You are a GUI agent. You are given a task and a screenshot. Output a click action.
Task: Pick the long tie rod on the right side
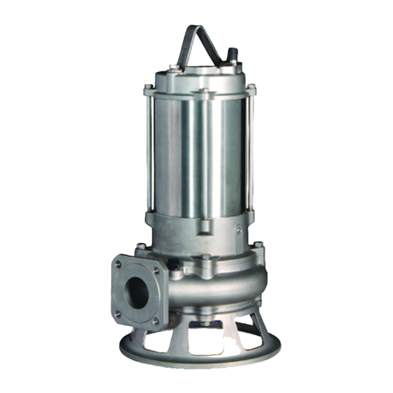pyautogui.click(x=252, y=150)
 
